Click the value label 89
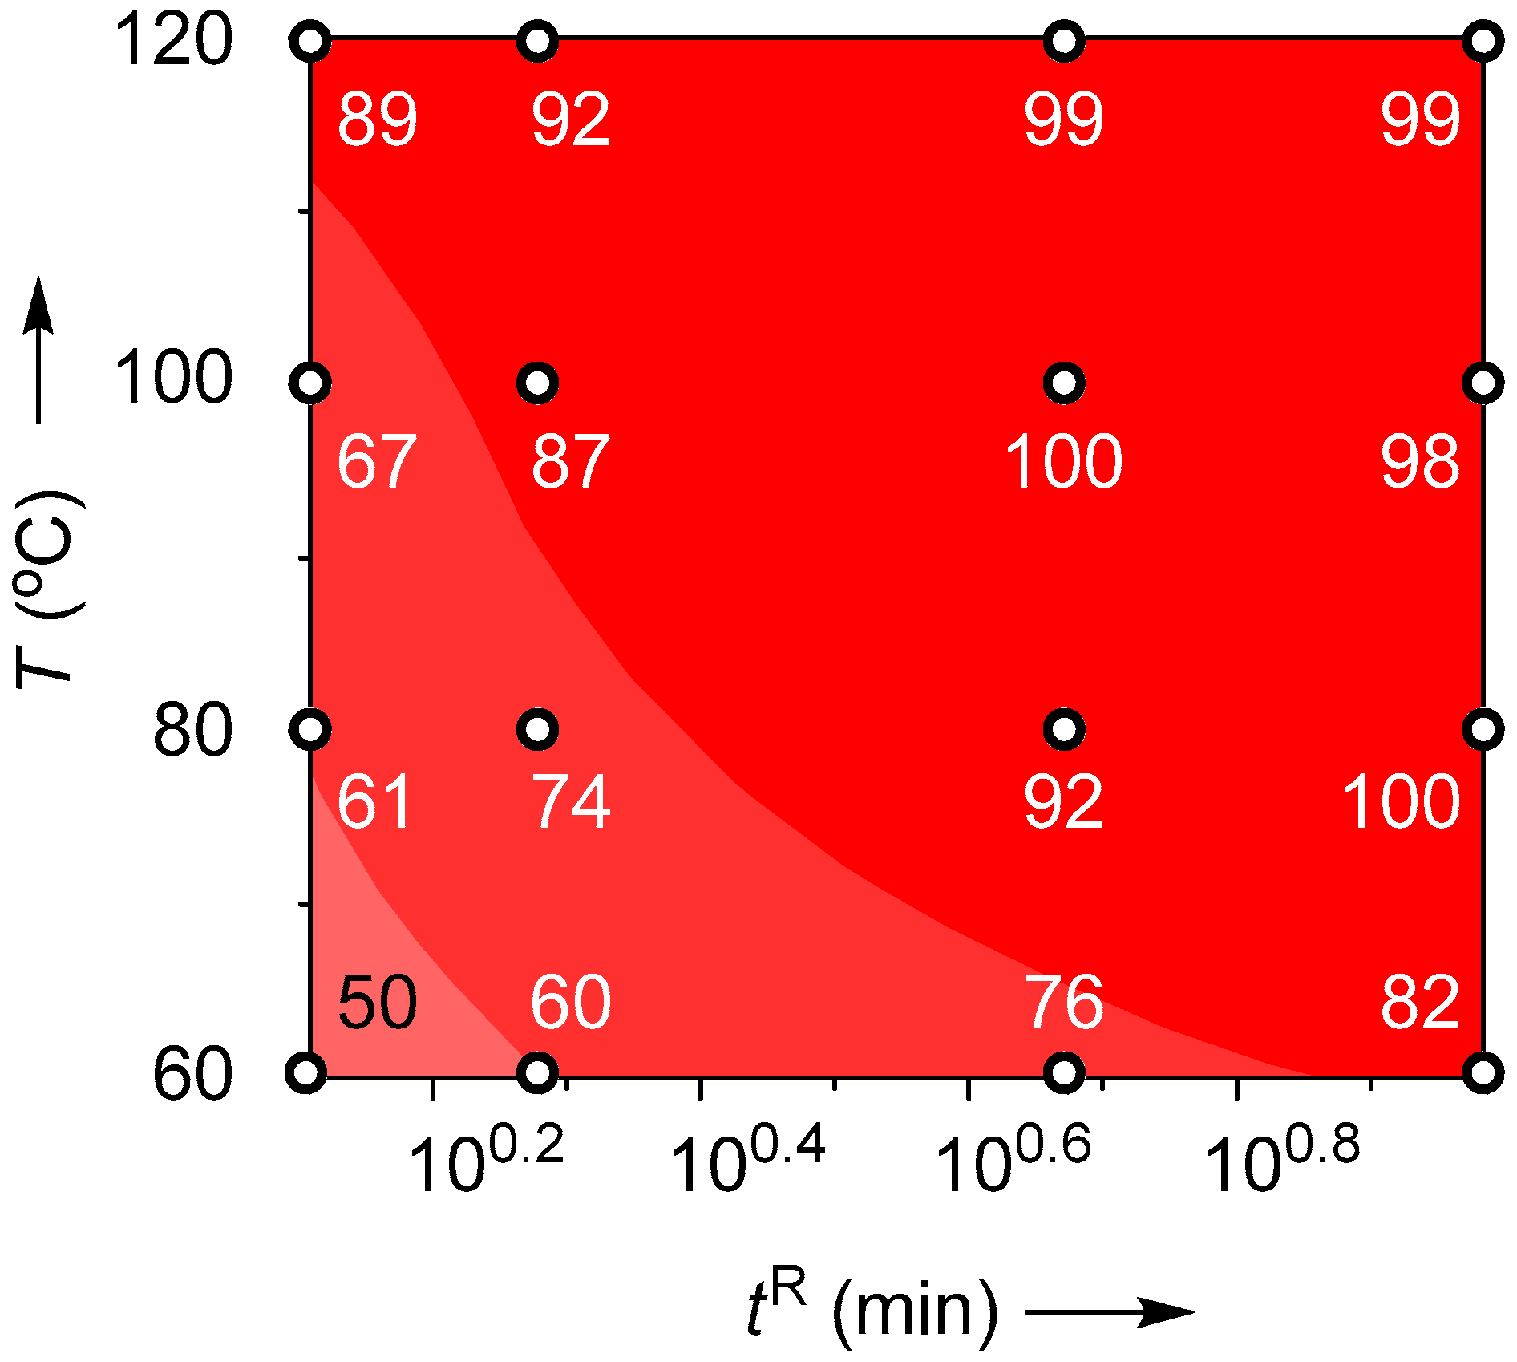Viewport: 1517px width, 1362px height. pyautogui.click(x=377, y=120)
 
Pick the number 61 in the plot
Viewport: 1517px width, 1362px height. pyautogui.click(x=375, y=801)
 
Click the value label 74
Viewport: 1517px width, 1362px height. pyautogui.click(x=571, y=801)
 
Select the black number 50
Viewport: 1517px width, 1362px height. pyautogui.click(x=377, y=1003)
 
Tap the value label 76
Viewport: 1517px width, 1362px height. pyautogui.click(x=1064, y=1003)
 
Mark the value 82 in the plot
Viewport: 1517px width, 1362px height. pyautogui.click(x=1419, y=1003)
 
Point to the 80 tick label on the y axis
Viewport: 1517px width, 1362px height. pyautogui.click(x=192, y=731)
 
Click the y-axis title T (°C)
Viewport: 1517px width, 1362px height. pyautogui.click(x=48, y=590)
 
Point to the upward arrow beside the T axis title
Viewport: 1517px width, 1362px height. pyautogui.click(x=38, y=349)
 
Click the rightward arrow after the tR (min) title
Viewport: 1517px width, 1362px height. pyautogui.click(x=1110, y=1312)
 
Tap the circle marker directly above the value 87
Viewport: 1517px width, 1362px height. pyautogui.click(x=538, y=383)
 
